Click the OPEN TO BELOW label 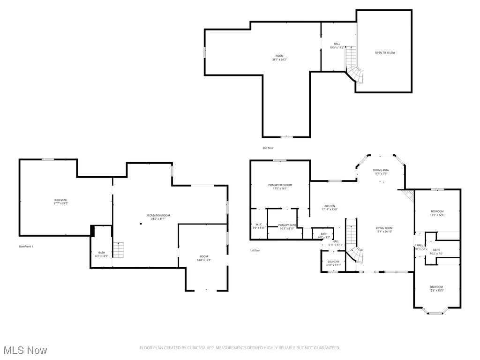pos(385,52)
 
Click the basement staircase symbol pos(119,250)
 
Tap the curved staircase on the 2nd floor pos(353,66)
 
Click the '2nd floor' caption pos(268,148)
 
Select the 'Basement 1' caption pos(26,247)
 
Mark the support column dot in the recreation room pos(141,224)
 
